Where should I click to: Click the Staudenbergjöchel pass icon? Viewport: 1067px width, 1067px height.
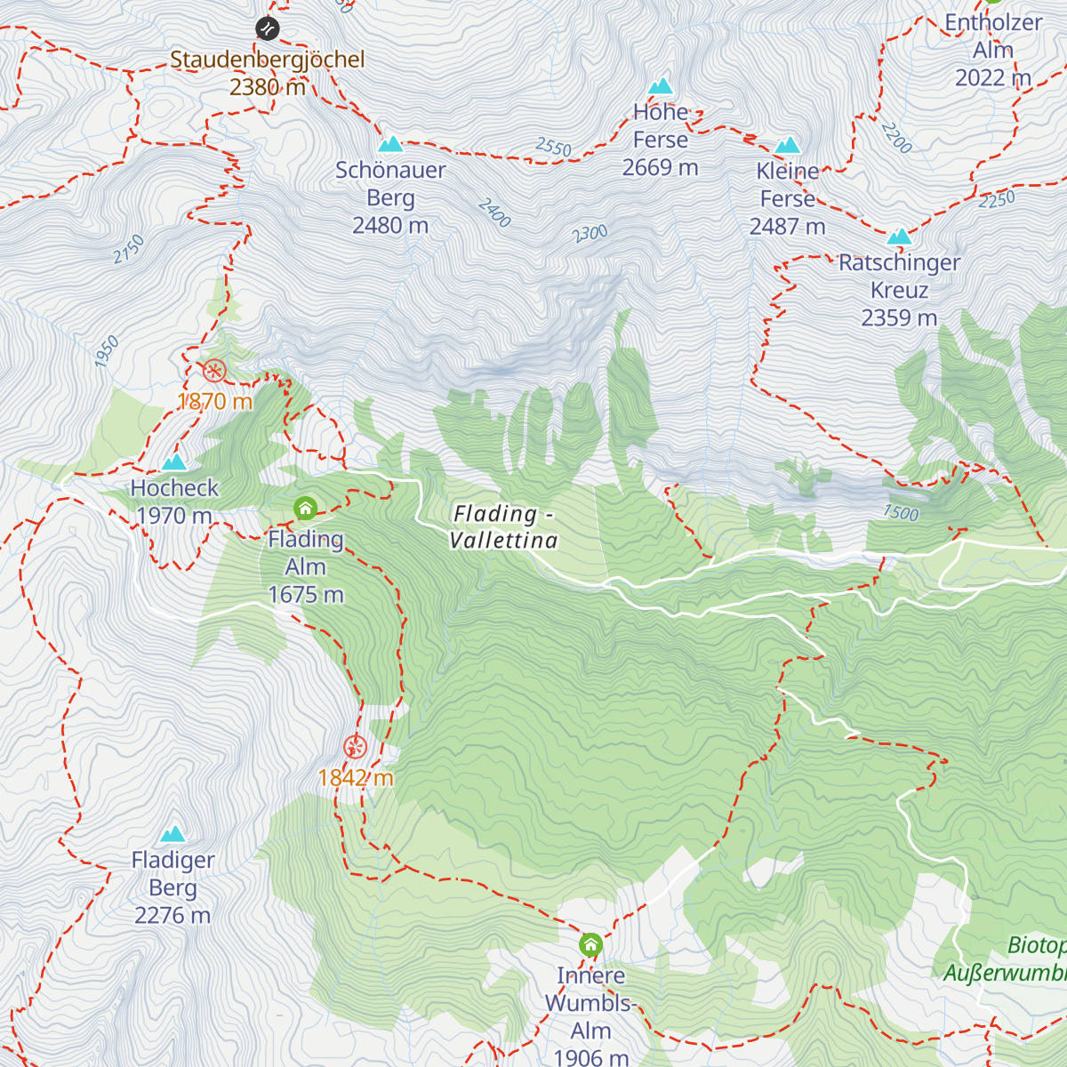click(x=268, y=28)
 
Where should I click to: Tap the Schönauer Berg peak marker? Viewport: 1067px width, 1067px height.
click(x=390, y=144)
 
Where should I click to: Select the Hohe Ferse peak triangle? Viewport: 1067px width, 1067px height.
click(x=661, y=86)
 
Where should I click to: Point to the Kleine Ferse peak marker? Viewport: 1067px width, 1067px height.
click(x=788, y=146)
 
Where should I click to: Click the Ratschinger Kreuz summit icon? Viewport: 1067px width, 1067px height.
click(x=900, y=237)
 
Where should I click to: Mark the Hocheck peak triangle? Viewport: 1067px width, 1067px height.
click(x=174, y=462)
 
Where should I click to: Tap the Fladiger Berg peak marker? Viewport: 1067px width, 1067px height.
click(x=172, y=834)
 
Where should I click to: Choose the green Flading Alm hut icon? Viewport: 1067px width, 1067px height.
click(x=305, y=509)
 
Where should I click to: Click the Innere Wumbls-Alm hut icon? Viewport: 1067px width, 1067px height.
click(x=590, y=944)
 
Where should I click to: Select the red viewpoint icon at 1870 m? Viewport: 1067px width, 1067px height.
click(x=214, y=371)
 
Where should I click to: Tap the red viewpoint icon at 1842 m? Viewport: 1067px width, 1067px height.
click(x=356, y=747)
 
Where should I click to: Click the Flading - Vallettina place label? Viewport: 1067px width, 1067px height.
click(x=503, y=526)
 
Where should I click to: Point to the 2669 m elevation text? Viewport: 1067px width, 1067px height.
click(x=660, y=167)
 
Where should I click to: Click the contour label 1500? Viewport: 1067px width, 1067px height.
click(x=901, y=512)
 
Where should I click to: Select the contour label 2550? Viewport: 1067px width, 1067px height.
click(x=553, y=147)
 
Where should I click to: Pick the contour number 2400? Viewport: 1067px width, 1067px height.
click(x=494, y=213)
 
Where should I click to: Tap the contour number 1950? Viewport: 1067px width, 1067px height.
click(x=107, y=352)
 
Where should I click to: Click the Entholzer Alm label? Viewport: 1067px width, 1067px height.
click(x=992, y=50)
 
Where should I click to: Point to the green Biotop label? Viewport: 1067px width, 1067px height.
click(x=1036, y=945)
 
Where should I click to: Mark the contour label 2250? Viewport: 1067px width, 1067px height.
click(x=996, y=200)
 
